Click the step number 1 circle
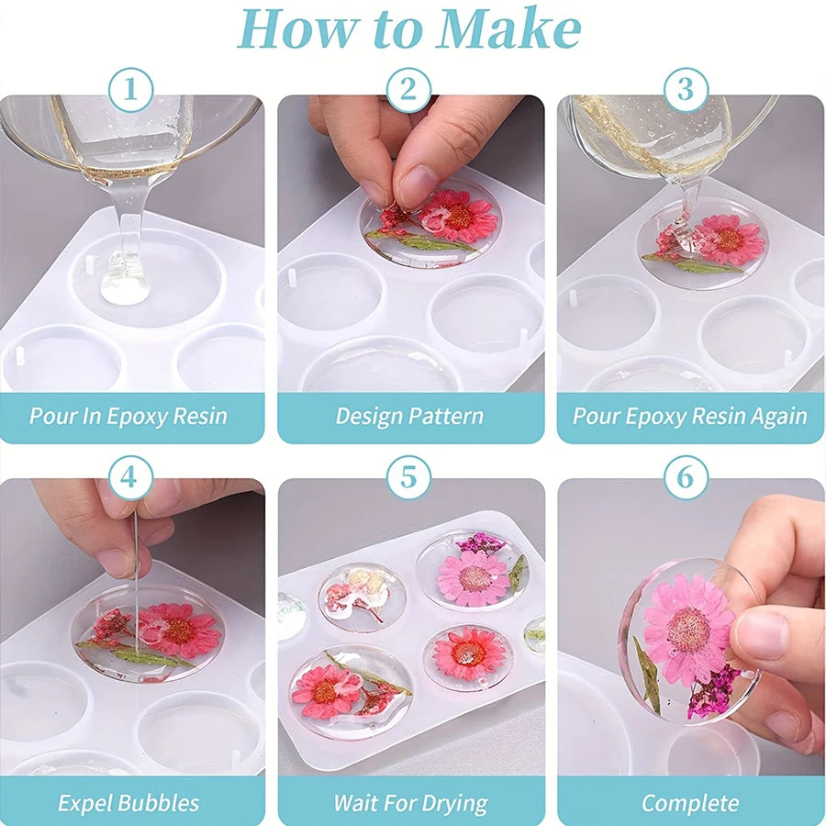[x=131, y=91]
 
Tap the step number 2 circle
[x=409, y=91]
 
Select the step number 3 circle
[x=686, y=91]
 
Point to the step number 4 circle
[x=131, y=477]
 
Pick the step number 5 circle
[x=409, y=477]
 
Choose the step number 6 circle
[x=686, y=477]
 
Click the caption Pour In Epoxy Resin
[x=128, y=416]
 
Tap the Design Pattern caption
[x=409, y=416]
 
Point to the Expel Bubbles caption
[x=128, y=803]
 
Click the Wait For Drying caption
[x=409, y=803]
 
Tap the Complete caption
[x=690, y=803]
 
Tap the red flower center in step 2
[x=458, y=217]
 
